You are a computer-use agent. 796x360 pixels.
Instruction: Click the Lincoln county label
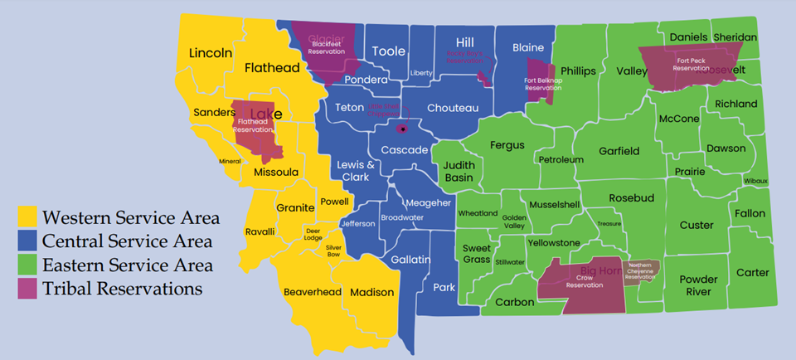pos(211,53)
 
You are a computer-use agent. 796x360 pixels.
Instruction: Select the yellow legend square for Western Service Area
pos(28,218)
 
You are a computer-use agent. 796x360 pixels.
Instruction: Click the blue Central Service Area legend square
pos(28,241)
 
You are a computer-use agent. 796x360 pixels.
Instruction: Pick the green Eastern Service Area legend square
pos(28,265)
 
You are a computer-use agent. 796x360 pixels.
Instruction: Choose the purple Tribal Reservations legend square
pos(28,289)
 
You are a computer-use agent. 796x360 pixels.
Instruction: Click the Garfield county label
pos(619,152)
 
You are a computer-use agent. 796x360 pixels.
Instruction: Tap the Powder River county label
pos(698,285)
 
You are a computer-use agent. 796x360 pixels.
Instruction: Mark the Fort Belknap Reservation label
pos(543,84)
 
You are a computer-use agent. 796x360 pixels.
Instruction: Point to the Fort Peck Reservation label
pos(691,65)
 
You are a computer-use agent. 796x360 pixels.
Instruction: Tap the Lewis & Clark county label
pos(356,171)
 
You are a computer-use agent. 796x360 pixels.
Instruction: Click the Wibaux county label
pos(755,181)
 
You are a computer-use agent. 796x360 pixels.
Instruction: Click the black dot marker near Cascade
pos(402,129)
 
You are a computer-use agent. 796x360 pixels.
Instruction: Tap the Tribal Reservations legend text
pos(123,289)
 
